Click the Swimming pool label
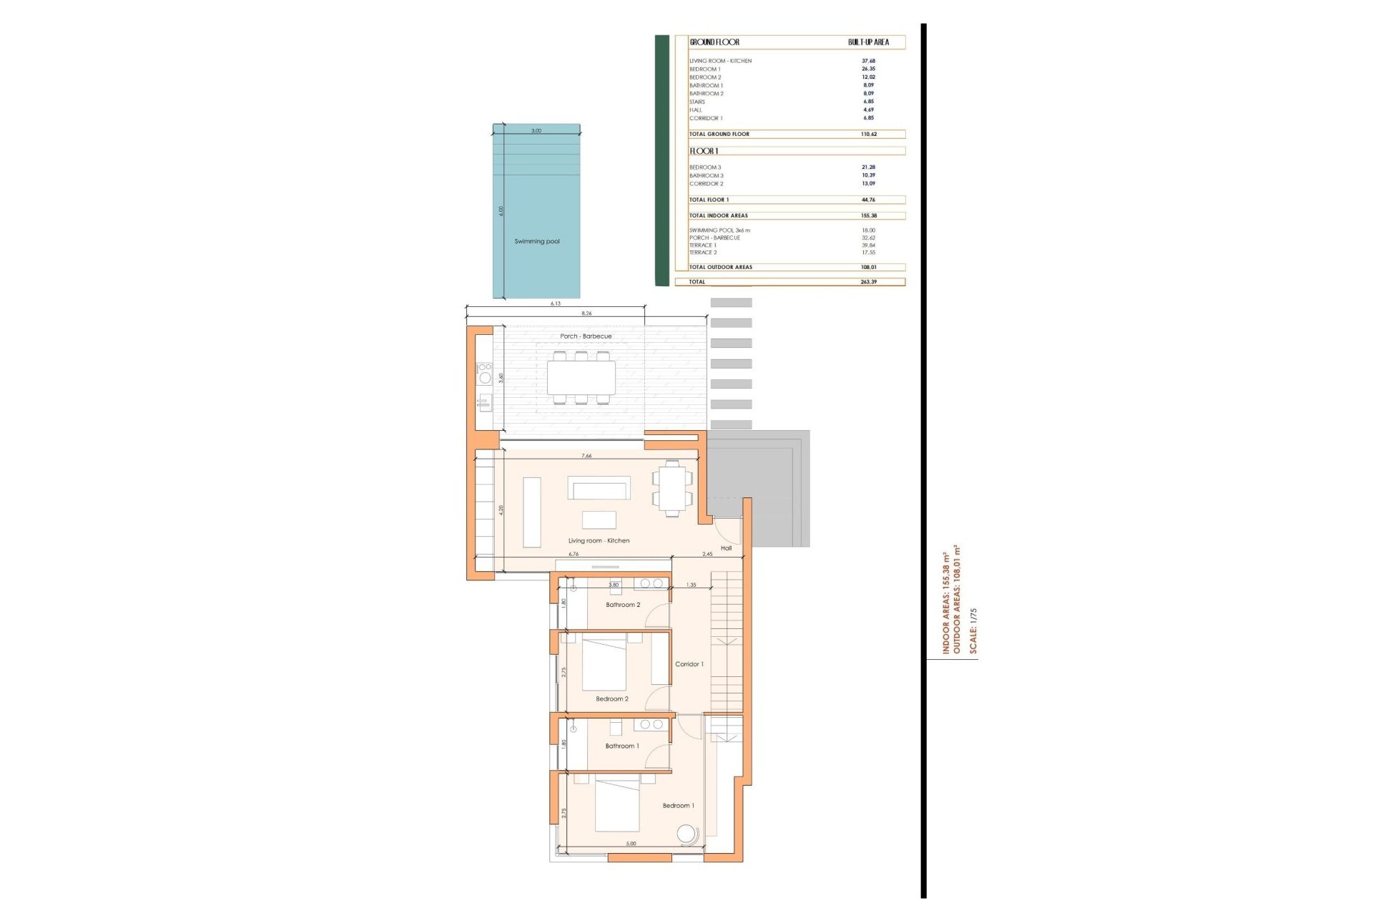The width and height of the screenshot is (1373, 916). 537,241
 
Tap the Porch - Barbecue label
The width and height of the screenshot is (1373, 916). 586,336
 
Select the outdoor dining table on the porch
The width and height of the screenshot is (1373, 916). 581,377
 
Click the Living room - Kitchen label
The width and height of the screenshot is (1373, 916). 599,541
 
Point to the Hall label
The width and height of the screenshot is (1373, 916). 726,548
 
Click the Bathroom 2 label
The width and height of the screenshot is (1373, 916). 623,605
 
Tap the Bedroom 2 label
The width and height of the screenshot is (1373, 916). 612,698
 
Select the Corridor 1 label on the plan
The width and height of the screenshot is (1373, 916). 689,664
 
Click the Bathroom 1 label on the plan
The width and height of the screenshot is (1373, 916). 622,746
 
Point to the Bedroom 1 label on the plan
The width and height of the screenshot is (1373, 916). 678,806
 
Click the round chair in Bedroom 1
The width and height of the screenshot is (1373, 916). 687,834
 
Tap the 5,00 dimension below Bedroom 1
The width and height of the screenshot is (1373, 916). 631,844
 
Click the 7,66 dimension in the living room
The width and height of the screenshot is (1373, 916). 586,456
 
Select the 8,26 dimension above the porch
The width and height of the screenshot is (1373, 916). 586,313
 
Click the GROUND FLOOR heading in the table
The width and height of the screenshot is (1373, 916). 714,42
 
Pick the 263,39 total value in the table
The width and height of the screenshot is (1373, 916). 868,282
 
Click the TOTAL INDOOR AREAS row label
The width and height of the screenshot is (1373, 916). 718,215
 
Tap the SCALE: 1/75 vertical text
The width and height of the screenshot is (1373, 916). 973,630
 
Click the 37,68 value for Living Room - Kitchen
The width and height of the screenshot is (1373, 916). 868,61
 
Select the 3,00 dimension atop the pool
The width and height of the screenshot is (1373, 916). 536,131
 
